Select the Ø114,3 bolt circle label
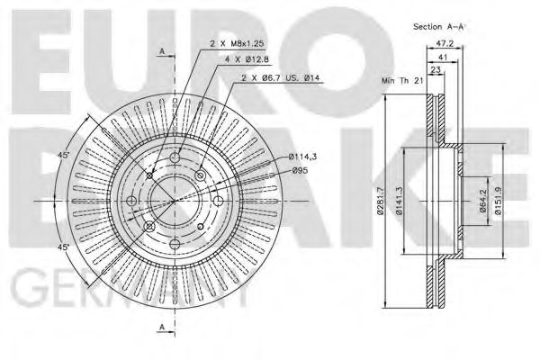(304, 157)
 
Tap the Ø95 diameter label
(301, 170)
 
